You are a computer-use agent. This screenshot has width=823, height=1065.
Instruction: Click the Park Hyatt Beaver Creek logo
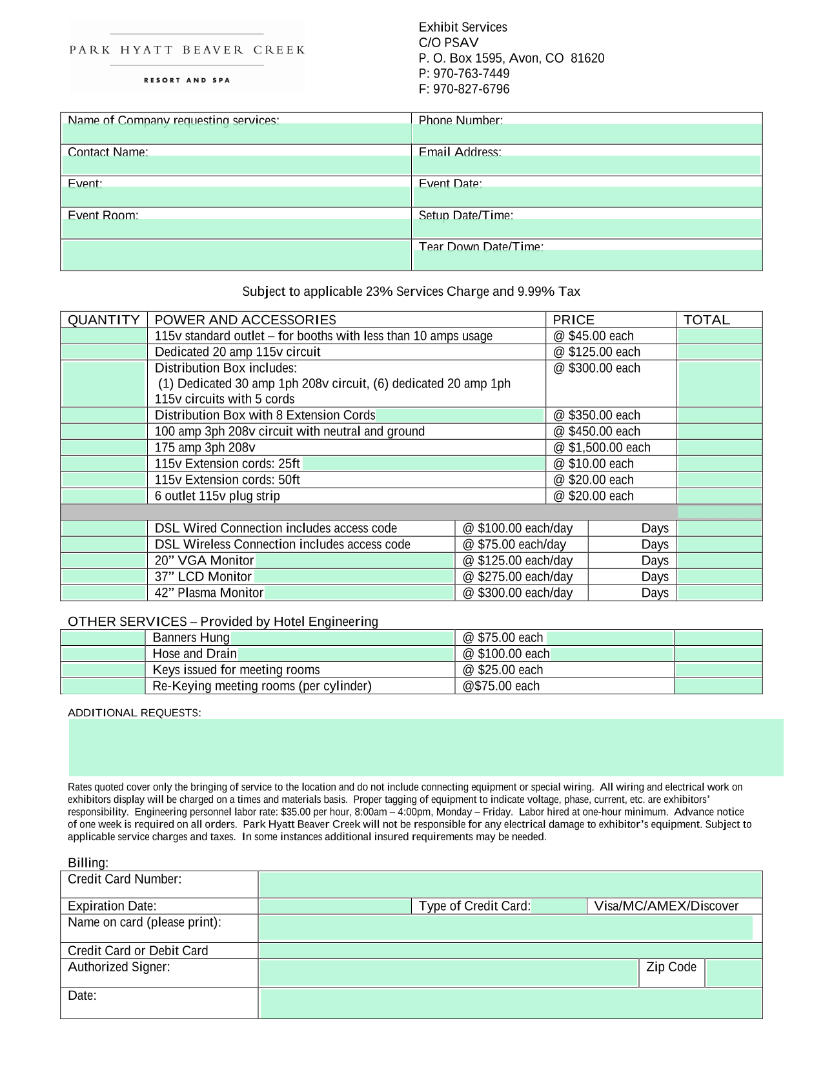click(x=187, y=57)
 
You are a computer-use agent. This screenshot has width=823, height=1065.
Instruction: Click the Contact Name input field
click(x=236, y=165)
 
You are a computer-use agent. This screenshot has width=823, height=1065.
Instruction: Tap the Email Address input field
click(x=586, y=165)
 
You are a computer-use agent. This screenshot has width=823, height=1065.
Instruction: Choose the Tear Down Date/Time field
click(x=587, y=260)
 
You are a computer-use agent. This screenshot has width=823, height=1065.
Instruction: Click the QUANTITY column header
click(x=104, y=320)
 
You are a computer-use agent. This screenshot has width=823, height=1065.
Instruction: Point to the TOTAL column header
click(x=707, y=320)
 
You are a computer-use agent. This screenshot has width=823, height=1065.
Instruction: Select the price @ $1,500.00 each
click(x=602, y=448)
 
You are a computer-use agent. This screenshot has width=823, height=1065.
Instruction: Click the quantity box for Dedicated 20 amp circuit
click(x=104, y=352)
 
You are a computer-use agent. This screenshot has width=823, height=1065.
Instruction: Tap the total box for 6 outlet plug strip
click(x=719, y=496)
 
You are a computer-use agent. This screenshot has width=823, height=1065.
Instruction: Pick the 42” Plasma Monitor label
click(x=209, y=593)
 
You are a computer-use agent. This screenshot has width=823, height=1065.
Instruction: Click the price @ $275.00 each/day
click(x=518, y=577)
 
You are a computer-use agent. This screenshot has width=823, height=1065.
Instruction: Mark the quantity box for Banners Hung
click(x=103, y=637)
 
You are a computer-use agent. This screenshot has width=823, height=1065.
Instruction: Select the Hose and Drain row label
click(x=195, y=654)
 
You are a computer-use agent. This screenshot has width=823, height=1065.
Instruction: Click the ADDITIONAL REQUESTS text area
click(x=426, y=747)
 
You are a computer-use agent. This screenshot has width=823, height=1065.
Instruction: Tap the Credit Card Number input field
click(x=510, y=884)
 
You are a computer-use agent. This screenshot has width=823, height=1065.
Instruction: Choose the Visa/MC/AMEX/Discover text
click(x=666, y=906)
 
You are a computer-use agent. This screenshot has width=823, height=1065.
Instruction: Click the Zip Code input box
click(x=734, y=973)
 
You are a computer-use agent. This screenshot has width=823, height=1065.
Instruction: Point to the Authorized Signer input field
click(x=449, y=973)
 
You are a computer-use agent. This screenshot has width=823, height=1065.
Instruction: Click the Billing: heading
click(x=88, y=863)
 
